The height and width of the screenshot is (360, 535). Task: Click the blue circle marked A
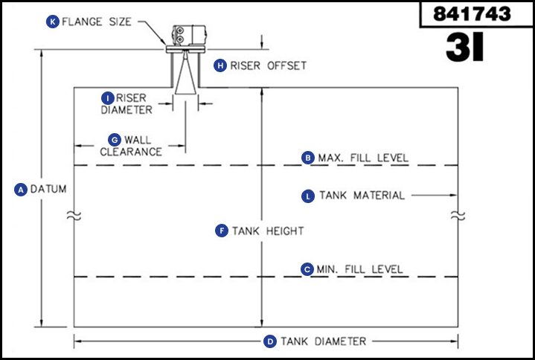click(x=21, y=190)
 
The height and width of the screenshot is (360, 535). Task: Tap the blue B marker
click(x=307, y=158)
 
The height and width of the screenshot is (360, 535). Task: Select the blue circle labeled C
click(x=307, y=269)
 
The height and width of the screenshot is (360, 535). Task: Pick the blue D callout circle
click(x=270, y=341)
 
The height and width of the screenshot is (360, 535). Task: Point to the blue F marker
click(x=221, y=231)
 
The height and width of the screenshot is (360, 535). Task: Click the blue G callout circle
click(x=114, y=139)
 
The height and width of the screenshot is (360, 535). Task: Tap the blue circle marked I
click(x=108, y=97)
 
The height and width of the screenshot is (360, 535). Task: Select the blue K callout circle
click(x=53, y=22)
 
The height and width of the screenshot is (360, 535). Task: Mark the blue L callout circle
click(x=308, y=196)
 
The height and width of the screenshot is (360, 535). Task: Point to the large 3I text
click(x=465, y=47)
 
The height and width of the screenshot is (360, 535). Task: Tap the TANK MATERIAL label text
click(x=362, y=196)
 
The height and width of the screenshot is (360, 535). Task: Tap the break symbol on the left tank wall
click(x=73, y=215)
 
